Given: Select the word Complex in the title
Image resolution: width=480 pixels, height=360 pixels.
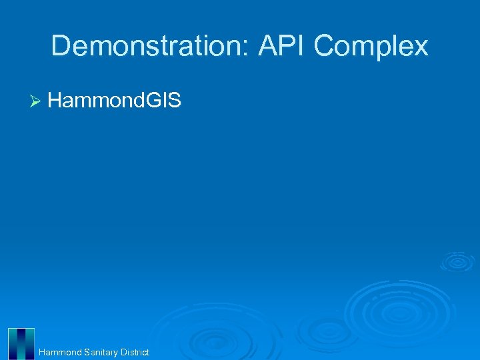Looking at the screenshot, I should [371, 47].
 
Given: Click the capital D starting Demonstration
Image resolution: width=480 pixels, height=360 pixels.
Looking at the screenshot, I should [61, 46].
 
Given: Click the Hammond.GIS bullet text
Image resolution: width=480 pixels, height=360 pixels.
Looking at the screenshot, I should [114, 101].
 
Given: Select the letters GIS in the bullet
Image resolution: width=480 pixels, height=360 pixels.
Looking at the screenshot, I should [165, 101].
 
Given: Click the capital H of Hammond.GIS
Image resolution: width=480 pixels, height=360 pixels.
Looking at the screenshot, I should [55, 101].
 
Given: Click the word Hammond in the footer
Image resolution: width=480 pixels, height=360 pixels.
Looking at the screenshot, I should [60, 352].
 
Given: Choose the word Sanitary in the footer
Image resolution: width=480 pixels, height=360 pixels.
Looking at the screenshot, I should [101, 352].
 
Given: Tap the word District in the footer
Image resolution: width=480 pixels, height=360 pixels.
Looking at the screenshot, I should [135, 352].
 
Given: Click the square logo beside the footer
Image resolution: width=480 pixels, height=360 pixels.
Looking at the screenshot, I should [21, 344].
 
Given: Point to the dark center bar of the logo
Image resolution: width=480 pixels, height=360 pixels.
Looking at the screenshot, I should [21, 344].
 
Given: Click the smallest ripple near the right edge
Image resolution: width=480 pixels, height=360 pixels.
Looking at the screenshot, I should [457, 261].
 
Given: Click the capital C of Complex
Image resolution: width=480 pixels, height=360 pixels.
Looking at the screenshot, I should [325, 46].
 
